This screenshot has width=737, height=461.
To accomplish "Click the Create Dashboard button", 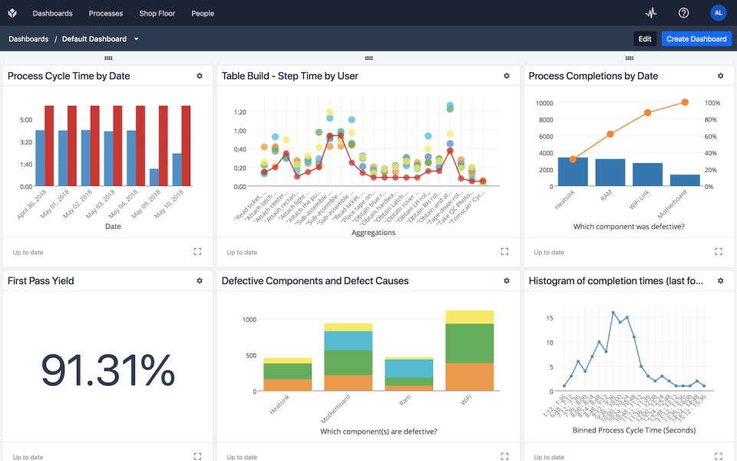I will tap(696, 38).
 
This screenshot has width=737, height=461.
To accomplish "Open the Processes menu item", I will tap(106, 13).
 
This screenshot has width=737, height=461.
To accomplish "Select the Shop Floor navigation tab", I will tap(157, 13).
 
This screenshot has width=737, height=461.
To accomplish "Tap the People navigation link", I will tap(203, 13).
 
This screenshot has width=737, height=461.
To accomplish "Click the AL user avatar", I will tap(718, 13).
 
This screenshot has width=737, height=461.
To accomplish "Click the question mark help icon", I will tap(683, 13).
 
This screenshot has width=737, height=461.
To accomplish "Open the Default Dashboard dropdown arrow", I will tap(137, 39).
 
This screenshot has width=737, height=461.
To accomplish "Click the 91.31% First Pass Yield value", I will tap(107, 370).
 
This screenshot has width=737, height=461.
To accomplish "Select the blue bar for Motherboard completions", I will tap(685, 181).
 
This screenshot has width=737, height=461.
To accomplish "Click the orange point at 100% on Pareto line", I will tap(685, 102).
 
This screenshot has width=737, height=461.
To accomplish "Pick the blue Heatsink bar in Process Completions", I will tap(573, 171).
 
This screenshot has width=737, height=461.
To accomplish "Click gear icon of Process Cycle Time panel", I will tap(200, 76).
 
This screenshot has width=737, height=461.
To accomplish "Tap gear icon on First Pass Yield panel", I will tap(200, 281).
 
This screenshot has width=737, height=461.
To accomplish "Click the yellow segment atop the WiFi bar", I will tap(469, 317).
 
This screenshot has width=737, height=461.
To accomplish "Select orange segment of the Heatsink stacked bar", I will tap(287, 385).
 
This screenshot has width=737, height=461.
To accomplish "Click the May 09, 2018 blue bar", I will tap(154, 177).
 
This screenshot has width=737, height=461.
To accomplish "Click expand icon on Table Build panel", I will tap(504, 251).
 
